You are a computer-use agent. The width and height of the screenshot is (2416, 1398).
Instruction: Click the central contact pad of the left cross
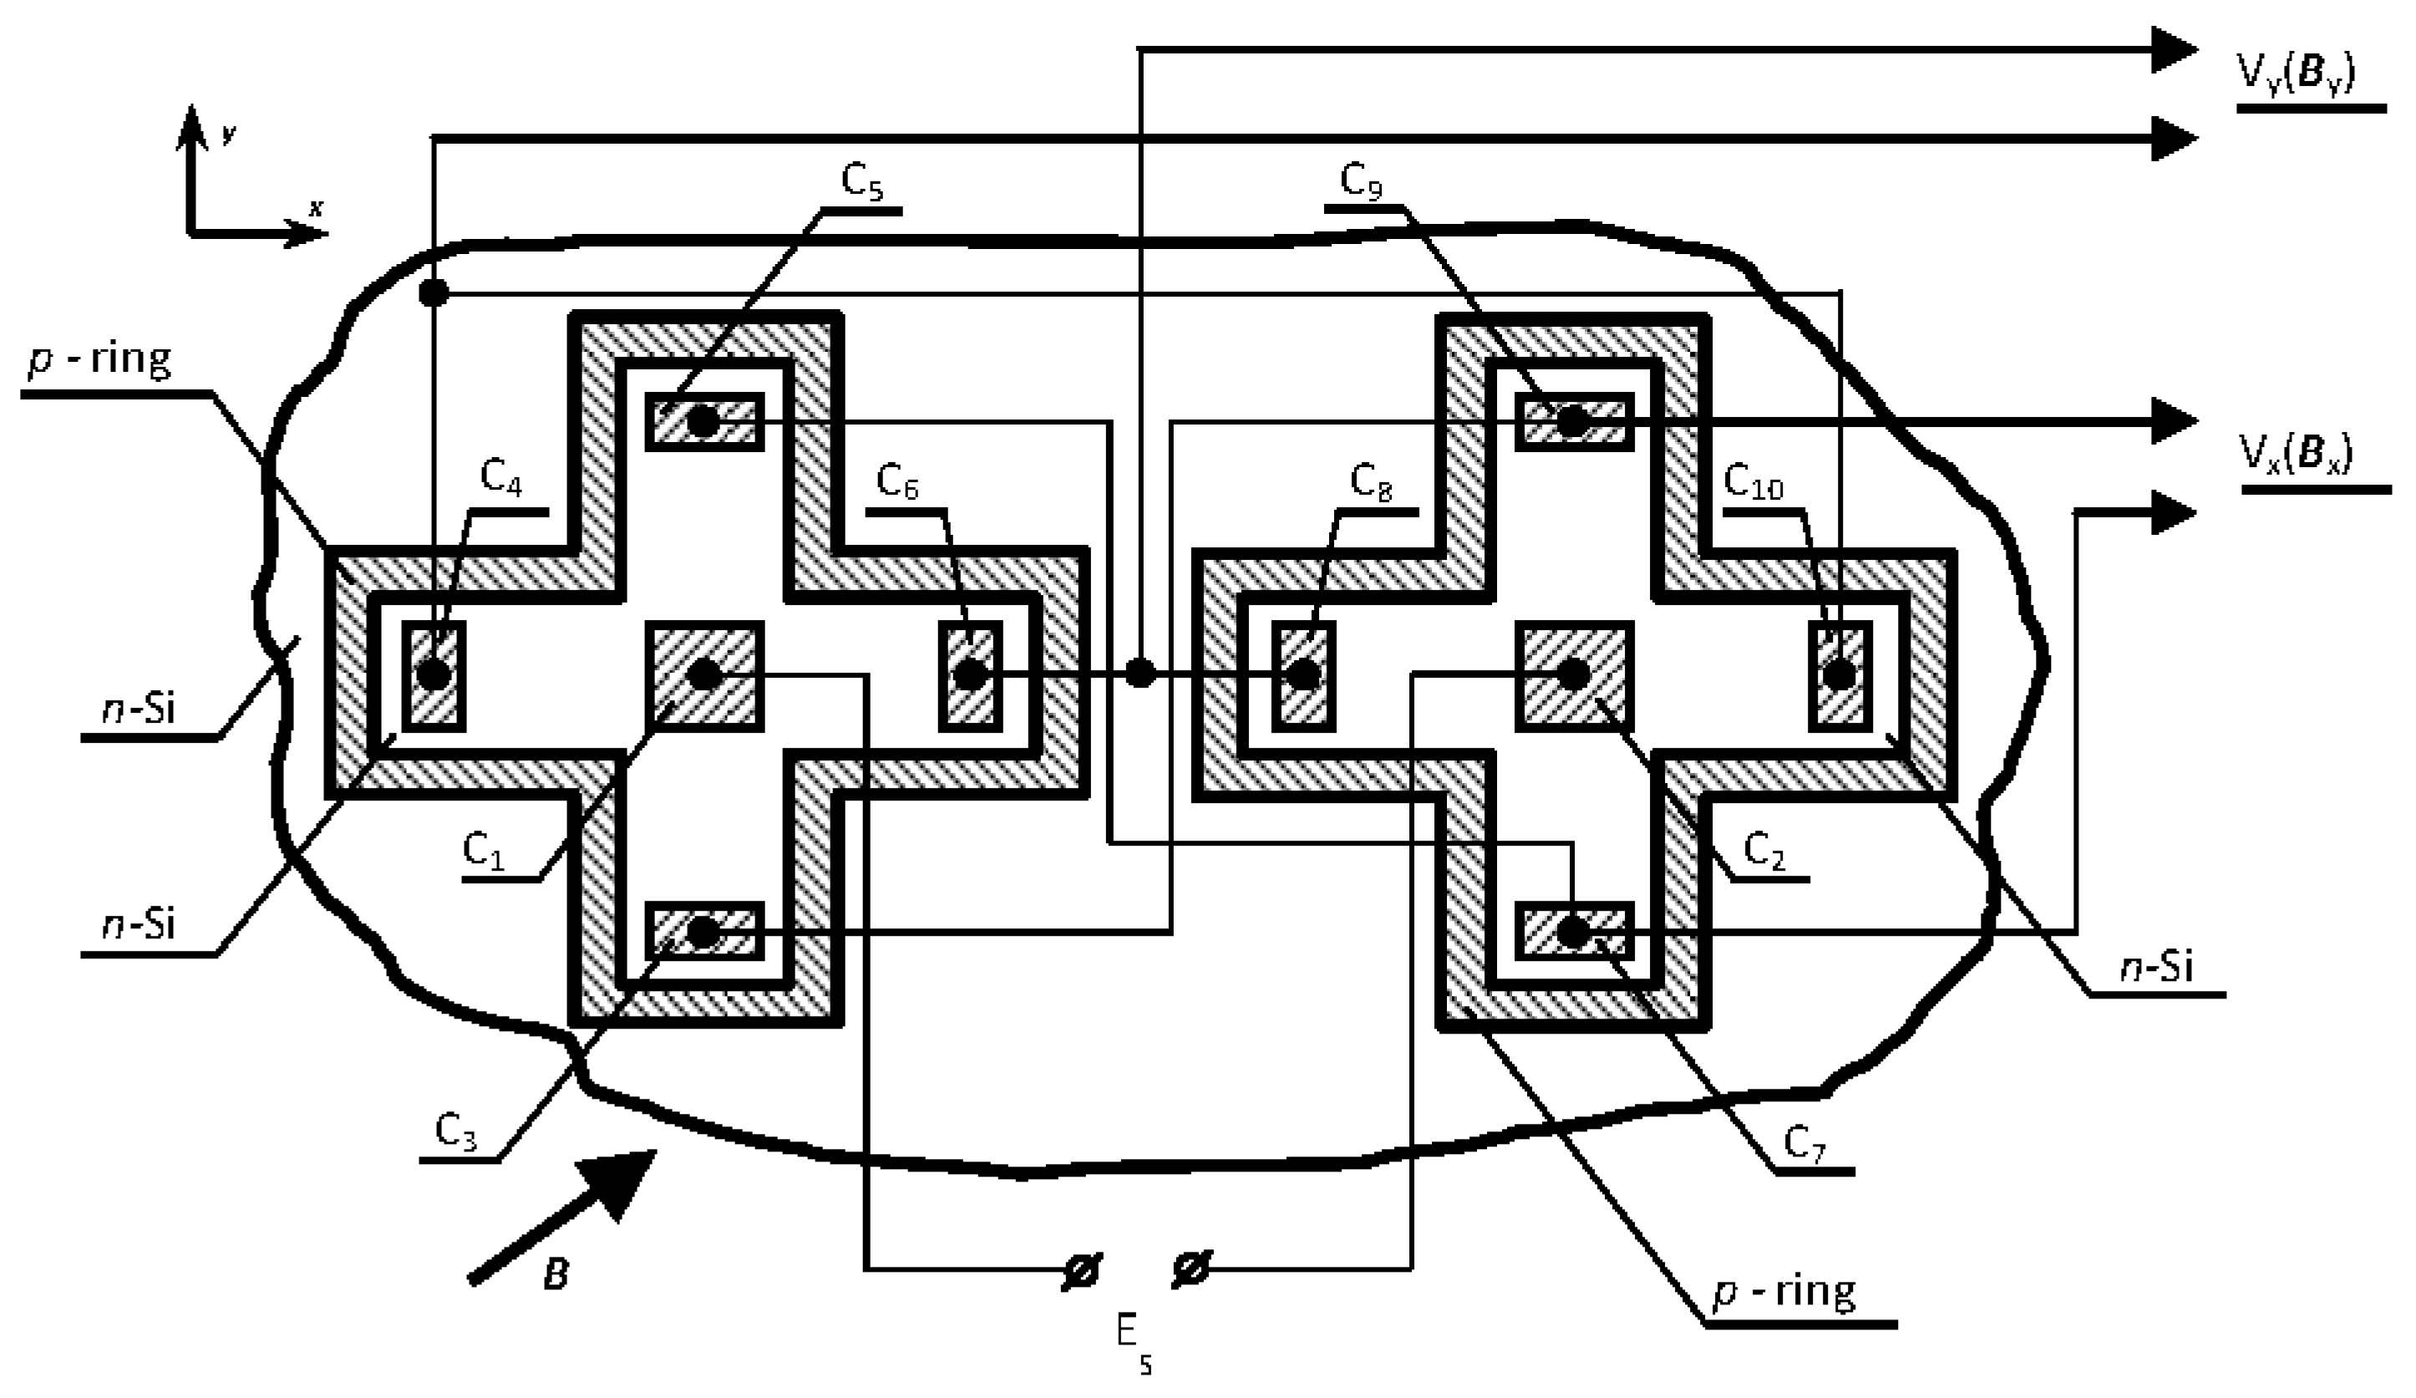coord(705,674)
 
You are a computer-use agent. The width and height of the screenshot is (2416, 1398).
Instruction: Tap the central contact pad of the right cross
coord(1572,674)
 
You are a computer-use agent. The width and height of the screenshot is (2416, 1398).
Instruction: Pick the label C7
coord(1804,1146)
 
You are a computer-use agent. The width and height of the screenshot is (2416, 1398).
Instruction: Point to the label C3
coord(455,1132)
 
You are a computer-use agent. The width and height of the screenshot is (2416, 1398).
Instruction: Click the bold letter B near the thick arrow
coord(554,1276)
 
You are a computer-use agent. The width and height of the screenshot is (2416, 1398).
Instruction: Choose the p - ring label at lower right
coord(1784,1293)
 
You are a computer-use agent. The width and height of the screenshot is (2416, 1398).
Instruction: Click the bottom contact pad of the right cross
coord(1572,931)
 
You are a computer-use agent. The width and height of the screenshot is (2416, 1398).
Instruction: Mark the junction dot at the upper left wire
coord(434,292)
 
